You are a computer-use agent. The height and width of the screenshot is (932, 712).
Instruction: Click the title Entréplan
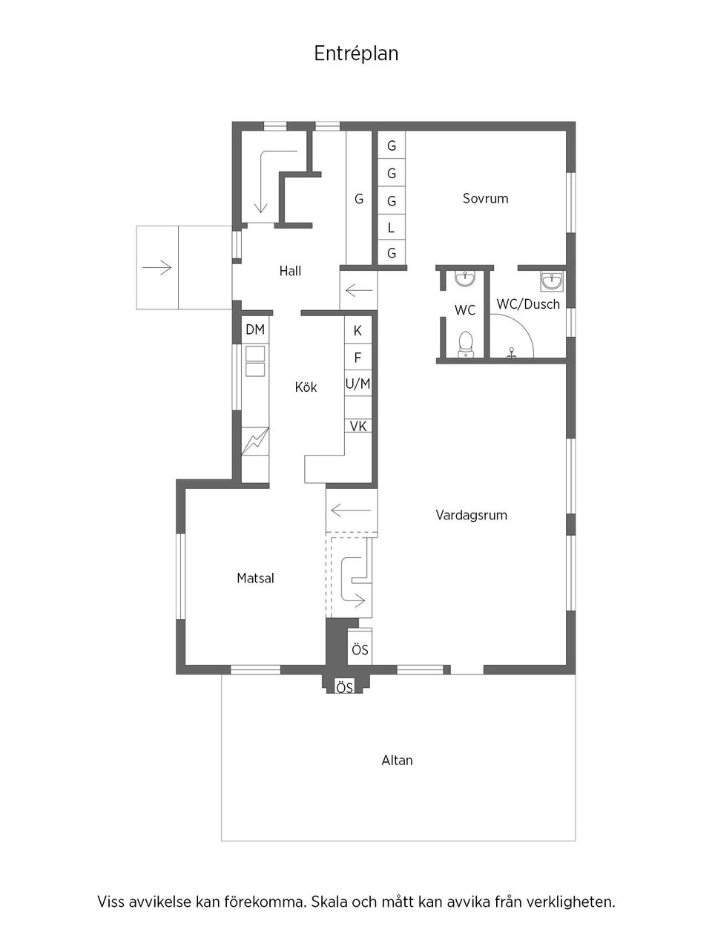[x=356, y=53]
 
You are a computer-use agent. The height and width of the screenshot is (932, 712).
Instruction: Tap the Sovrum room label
[x=485, y=198]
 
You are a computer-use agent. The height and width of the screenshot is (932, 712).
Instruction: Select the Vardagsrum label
[x=471, y=514]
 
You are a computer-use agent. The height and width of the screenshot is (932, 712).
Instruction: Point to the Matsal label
[x=255, y=577]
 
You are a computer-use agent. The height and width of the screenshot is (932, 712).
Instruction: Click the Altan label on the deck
[x=397, y=760]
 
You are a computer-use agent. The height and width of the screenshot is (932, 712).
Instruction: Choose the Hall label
[x=290, y=271]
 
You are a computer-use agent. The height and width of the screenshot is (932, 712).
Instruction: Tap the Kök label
[x=306, y=387]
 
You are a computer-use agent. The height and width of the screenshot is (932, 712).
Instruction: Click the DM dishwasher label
[x=255, y=329]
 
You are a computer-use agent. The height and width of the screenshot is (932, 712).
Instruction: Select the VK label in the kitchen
[x=358, y=427]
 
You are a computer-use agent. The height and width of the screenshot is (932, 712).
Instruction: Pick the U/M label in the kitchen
[x=357, y=384]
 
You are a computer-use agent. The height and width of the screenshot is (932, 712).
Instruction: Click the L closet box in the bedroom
[x=391, y=228]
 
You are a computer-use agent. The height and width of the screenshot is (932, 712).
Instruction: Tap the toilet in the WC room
[x=466, y=344]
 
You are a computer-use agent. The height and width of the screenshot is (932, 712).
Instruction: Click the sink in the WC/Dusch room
[x=551, y=283]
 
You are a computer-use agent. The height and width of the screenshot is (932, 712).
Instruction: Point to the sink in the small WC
[x=465, y=279]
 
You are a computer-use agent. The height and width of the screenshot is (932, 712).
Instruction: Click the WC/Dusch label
[x=528, y=303]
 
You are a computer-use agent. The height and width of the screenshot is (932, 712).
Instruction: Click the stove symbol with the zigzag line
[x=255, y=443]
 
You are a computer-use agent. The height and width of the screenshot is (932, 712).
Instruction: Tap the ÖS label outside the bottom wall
[x=344, y=688]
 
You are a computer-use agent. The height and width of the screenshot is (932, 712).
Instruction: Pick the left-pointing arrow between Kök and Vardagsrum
[x=352, y=510]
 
